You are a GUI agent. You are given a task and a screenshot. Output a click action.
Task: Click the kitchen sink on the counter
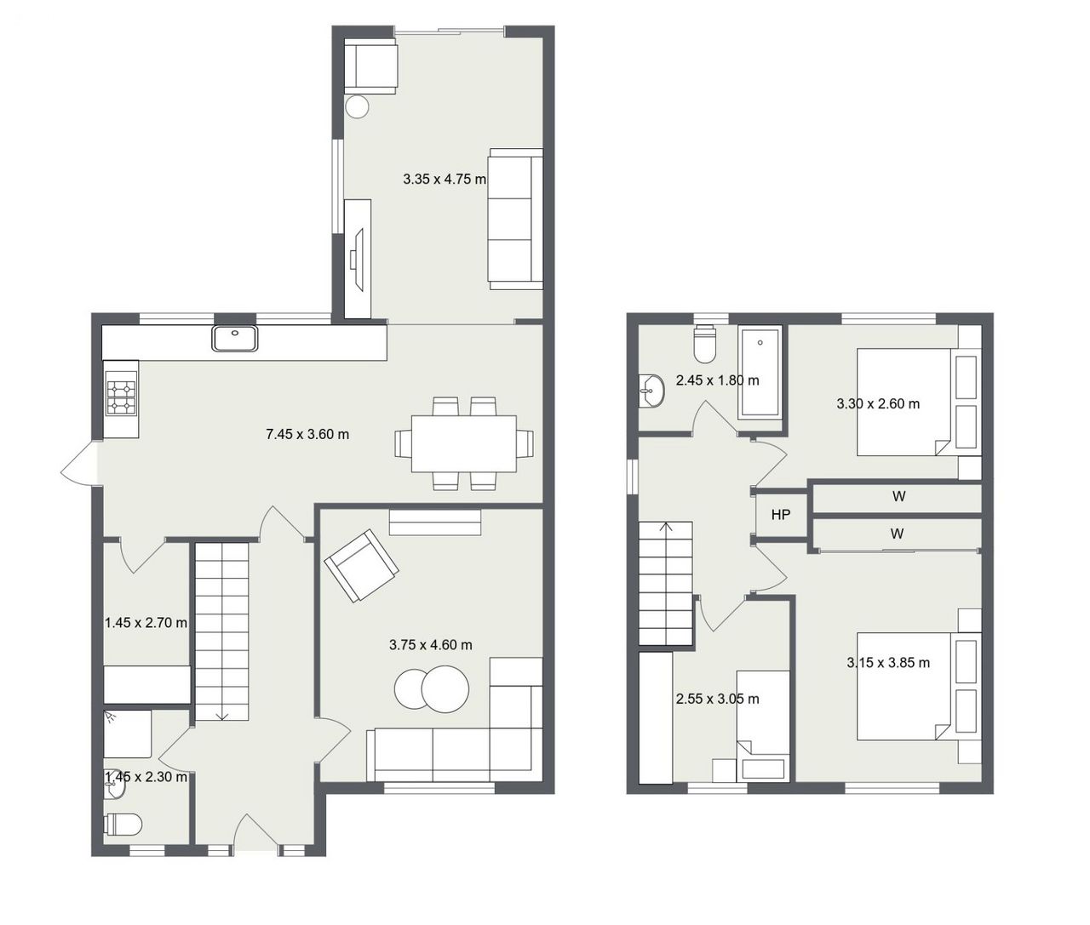click(235, 339)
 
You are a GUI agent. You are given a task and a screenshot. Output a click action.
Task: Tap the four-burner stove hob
click(122, 397)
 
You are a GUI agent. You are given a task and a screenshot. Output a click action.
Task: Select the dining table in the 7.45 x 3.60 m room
click(464, 444)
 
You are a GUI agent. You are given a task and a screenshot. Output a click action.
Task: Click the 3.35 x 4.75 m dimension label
click(445, 180)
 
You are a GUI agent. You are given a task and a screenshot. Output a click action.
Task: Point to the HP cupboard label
click(781, 515)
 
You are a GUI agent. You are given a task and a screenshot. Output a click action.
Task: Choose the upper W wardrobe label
click(899, 496)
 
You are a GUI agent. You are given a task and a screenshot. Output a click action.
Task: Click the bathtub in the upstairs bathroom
click(760, 373)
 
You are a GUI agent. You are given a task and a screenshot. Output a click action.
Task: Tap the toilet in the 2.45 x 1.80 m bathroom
click(705, 344)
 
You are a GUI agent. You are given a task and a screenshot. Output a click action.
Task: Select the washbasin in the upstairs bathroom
click(651, 391)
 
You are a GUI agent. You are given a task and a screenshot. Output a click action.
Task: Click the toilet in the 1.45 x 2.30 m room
click(123, 824)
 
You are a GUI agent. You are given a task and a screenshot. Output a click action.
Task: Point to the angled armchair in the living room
click(361, 566)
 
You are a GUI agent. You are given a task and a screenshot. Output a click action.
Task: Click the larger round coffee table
click(445, 689)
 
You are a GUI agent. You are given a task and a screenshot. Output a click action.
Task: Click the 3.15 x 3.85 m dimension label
click(888, 663)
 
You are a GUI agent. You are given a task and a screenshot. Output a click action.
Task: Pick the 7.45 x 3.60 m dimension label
click(307, 434)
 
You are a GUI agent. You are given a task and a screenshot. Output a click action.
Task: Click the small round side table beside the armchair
click(357, 107)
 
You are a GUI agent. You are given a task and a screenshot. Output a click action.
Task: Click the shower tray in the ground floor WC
click(128, 734)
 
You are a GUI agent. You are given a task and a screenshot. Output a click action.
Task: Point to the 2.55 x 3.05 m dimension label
click(718, 699)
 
